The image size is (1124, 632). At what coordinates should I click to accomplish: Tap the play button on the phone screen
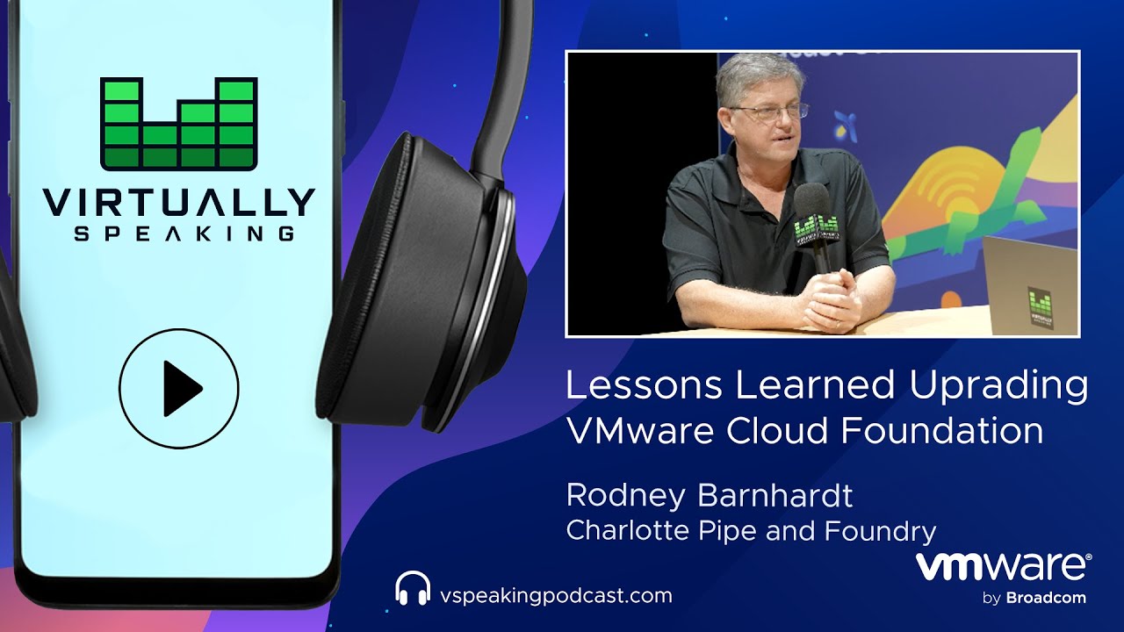point(178,389)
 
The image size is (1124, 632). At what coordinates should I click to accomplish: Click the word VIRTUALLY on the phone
point(179,203)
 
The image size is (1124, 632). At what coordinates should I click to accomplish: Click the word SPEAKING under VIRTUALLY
point(184,233)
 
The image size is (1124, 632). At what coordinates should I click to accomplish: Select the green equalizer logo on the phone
point(179,124)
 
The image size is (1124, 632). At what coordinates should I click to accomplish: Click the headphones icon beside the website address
point(413,588)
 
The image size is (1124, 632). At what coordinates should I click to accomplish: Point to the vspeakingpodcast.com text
point(556,595)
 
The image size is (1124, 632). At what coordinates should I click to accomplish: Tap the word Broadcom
point(1046,598)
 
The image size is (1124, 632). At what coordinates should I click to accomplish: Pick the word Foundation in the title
point(942,430)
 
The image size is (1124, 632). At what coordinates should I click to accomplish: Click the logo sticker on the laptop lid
point(1041,307)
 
